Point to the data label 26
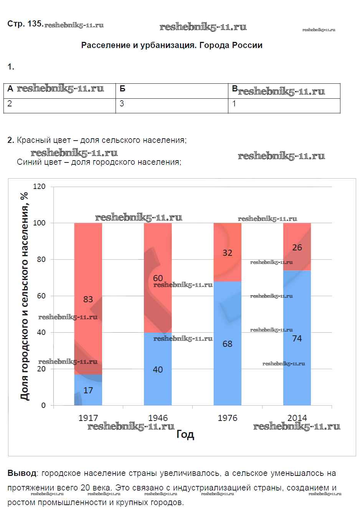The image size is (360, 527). [x=297, y=248]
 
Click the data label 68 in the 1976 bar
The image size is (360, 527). [x=227, y=344]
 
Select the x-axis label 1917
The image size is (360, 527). [x=88, y=418]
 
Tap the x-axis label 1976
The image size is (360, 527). [x=227, y=418]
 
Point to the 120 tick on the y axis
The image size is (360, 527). [x=39, y=187]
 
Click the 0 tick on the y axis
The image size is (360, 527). [x=43, y=405]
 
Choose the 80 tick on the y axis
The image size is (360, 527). [x=41, y=259]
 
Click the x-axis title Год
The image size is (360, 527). [x=185, y=434]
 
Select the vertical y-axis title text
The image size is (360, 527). [x=24, y=296]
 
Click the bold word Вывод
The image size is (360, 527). [x=22, y=473]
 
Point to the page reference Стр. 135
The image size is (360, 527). [x=25, y=24]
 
